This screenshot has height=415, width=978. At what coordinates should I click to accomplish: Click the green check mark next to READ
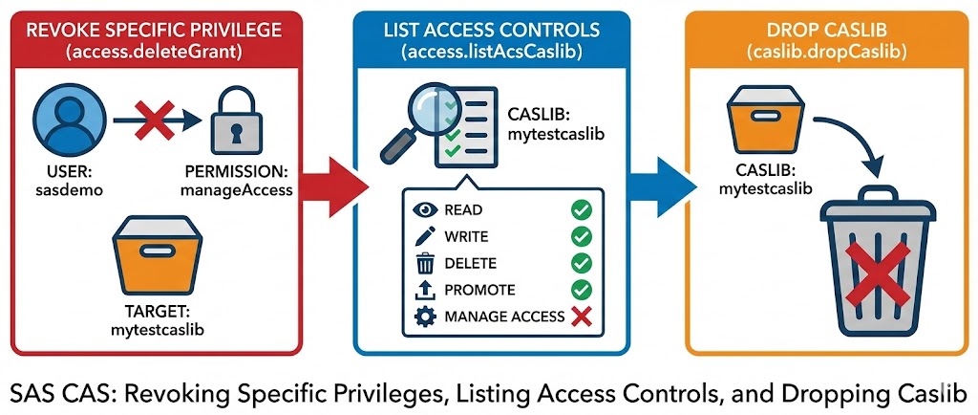click(x=580, y=209)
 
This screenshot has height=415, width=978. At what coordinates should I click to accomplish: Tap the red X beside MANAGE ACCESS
click(x=580, y=317)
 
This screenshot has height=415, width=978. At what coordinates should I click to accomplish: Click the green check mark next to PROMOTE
click(x=580, y=290)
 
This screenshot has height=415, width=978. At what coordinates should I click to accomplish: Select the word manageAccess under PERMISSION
click(x=237, y=190)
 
